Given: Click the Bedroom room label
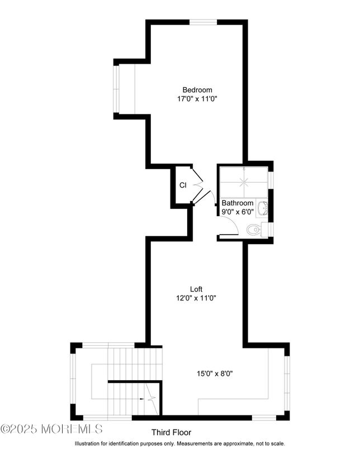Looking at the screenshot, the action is (197, 90).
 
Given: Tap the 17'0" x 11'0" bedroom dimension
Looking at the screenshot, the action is (197, 99).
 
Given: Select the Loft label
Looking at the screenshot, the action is (196, 289).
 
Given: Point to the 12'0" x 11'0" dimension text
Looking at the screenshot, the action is (196, 298).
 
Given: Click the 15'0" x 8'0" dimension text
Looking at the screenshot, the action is (215, 374).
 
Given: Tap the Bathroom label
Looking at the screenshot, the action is (238, 203).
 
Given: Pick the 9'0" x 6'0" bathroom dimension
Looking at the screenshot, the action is (238, 212).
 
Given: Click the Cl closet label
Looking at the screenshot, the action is (183, 185).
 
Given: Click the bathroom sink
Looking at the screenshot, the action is (262, 208).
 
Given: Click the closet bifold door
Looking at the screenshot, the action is (197, 184).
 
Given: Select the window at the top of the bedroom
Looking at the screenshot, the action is (203, 22).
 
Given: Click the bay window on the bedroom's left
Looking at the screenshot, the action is (116, 89).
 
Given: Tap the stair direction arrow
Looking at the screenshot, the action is (142, 399).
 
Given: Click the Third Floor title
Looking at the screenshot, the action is (172, 432).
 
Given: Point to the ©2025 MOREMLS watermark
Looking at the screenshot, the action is (51, 429).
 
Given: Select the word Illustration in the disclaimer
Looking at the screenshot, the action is (87, 443).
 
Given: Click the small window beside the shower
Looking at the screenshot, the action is (271, 180).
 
